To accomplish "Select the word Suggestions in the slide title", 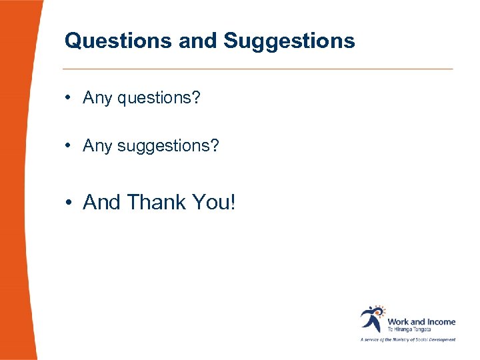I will [x=289, y=41].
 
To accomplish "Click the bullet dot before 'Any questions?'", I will [x=69, y=99].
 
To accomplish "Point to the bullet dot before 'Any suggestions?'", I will [x=69, y=145].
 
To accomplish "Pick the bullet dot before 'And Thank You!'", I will [x=69, y=203].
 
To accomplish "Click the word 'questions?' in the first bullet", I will [x=159, y=99].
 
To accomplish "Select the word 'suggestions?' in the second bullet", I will [x=167, y=145].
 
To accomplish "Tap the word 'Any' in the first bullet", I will [x=97, y=99].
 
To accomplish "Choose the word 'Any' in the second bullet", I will [x=97, y=145].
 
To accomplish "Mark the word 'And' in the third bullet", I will [x=101, y=202].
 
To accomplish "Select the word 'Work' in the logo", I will [x=398, y=321].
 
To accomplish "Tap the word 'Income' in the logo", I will [x=441, y=321].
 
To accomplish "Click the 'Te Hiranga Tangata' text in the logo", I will [x=409, y=329].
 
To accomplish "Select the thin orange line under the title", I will [x=257, y=69].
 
